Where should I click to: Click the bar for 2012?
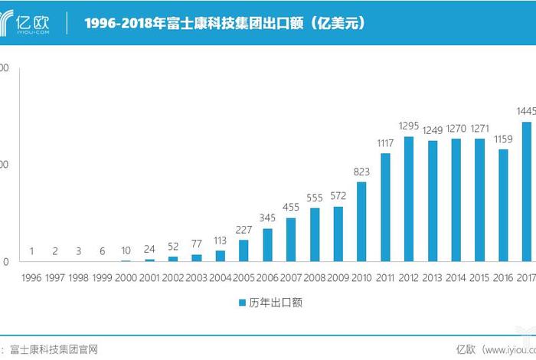(409, 199)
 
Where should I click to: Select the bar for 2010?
(361, 221)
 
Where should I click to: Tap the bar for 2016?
(503, 205)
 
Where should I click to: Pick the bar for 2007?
(291, 240)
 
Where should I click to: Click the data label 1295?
(409, 126)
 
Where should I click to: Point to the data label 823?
(361, 172)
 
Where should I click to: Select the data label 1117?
(385, 143)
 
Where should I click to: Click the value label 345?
(267, 218)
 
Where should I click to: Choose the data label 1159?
(503, 139)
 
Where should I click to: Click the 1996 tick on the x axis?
(32, 278)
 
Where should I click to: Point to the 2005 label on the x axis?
(243, 278)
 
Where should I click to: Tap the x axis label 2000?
(126, 278)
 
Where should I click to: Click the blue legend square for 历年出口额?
(241, 303)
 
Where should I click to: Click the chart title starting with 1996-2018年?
(224, 24)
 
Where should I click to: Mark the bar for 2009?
(338, 234)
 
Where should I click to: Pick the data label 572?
(338, 196)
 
